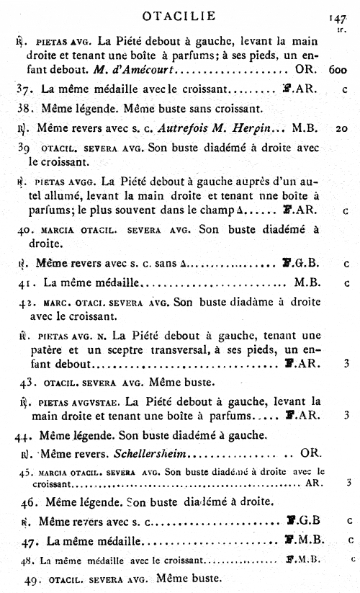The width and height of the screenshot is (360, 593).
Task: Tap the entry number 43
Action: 27,381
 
